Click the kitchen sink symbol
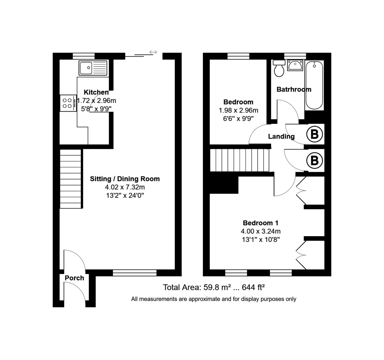tap(93, 68)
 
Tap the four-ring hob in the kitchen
tap(68, 103)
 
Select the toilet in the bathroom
tap(279, 68)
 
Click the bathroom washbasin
tap(295, 65)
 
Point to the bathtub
tap(314, 85)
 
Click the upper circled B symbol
tap(314, 134)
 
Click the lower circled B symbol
tap(314, 160)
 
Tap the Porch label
tap(74, 278)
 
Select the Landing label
tap(281, 137)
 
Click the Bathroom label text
tap(294, 90)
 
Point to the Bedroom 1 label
tap(260, 223)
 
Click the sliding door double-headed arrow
tap(153, 52)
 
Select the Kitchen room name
tap(96, 92)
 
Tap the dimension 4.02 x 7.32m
tap(125, 187)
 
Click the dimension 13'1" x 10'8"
tap(260, 240)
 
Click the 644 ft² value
tap(253, 287)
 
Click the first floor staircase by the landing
tap(239, 160)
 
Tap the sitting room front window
tap(134, 273)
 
